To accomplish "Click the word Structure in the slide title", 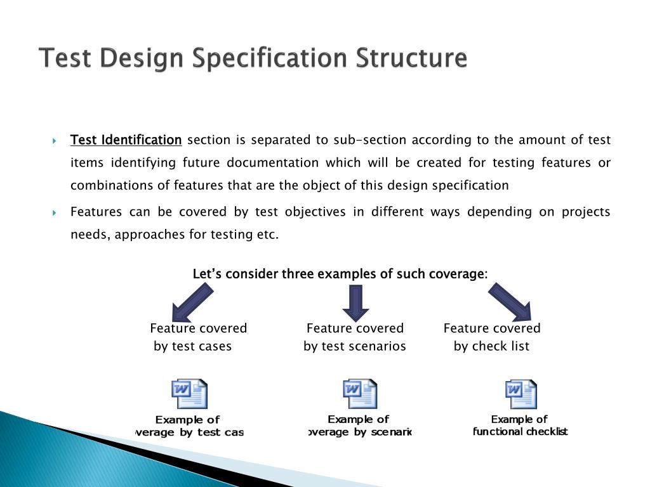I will [411, 58].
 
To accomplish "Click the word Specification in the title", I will [270, 58].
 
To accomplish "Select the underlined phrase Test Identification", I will [126, 140].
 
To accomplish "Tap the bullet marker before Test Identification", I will [55, 140].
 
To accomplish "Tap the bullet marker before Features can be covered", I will [55, 212].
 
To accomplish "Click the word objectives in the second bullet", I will [314, 212].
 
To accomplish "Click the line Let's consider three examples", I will [340, 274].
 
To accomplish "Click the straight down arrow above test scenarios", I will [355, 302].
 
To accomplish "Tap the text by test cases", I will [193, 346].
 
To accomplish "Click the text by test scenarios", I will [354, 346].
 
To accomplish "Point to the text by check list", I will [491, 346].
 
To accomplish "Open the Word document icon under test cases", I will [189, 394].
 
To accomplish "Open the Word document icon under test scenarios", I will [360, 394].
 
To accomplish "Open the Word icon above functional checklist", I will [521, 394].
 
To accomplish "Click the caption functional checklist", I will [520, 432].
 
